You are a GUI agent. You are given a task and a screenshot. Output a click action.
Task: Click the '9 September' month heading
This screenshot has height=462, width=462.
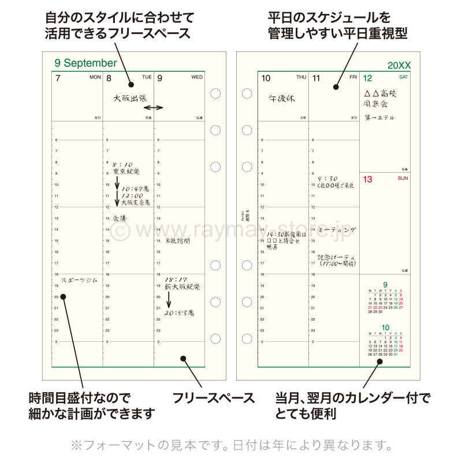tap(85, 63)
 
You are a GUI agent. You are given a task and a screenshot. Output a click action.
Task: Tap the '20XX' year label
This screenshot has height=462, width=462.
tap(399, 66)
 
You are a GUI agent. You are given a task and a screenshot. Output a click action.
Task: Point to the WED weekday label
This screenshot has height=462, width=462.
tap(197, 76)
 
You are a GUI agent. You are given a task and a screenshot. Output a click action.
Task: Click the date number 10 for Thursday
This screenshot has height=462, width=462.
tap(266, 78)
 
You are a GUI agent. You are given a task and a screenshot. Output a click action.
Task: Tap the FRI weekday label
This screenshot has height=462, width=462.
tap(353, 76)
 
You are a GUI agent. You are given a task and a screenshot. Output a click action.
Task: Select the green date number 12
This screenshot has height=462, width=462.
tap(367, 78)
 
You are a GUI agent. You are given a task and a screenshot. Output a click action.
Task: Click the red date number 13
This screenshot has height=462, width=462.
tap(367, 180)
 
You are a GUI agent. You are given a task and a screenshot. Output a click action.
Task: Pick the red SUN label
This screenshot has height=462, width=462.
tap(403, 178)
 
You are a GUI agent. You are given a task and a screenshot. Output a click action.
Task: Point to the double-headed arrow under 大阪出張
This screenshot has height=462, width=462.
tap(153, 108)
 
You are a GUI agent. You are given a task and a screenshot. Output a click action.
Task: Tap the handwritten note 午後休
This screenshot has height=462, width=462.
tap(282, 99)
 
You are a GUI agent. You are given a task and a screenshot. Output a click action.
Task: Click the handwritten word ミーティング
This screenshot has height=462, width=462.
tap(337, 229)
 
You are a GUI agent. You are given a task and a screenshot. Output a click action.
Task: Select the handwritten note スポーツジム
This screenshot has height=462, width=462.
tap(79, 280)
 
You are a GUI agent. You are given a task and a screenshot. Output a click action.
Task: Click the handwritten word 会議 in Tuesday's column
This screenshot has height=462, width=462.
tap(119, 218)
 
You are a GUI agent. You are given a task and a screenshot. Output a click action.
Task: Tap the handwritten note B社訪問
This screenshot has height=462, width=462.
tap(177, 240)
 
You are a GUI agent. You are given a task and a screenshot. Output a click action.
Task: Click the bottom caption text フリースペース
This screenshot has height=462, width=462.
tap(214, 397)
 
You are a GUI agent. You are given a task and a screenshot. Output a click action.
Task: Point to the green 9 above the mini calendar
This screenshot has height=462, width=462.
tap(385, 285)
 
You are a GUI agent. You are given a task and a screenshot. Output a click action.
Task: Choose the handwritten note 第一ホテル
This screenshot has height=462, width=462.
tap(380, 118)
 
